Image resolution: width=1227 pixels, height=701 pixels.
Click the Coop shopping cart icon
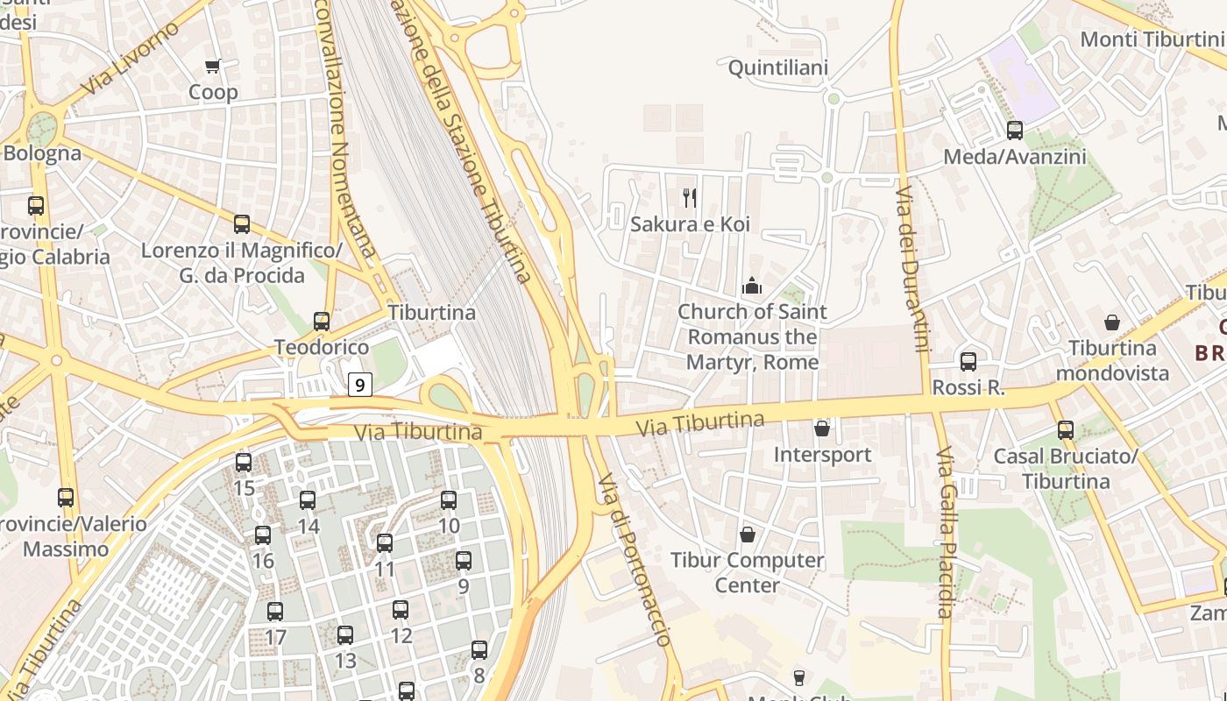click(x=212, y=66)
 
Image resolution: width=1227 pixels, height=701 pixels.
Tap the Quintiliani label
click(x=778, y=67)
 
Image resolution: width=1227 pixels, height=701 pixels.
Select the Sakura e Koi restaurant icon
click(x=690, y=198)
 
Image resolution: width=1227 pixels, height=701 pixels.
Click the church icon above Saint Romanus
click(x=752, y=286)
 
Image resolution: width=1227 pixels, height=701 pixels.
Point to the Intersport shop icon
click(x=822, y=428)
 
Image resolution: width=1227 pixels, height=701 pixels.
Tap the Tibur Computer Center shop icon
click(x=748, y=534)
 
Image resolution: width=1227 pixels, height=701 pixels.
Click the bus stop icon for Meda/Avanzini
click(x=1015, y=131)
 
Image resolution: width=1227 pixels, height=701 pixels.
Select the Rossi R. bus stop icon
click(x=968, y=361)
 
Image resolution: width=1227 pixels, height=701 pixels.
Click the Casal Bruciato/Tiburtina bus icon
click(x=1066, y=430)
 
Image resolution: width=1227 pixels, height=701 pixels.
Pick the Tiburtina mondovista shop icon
click(x=1112, y=322)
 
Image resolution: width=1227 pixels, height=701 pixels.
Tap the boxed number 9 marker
click(x=360, y=384)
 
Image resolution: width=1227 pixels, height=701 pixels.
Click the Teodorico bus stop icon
click(x=322, y=322)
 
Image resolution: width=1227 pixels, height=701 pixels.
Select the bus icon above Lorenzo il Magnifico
click(x=242, y=224)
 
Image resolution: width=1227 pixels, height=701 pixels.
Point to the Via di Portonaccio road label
click(x=634, y=560)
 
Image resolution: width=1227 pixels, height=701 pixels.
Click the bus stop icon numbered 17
click(x=275, y=612)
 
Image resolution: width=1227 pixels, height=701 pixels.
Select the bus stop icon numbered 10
click(x=449, y=500)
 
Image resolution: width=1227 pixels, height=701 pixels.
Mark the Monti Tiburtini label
click(x=1151, y=39)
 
